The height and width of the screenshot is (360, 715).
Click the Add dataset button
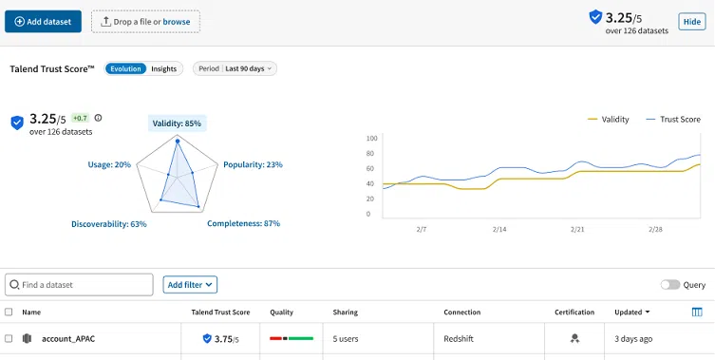[x=44, y=22]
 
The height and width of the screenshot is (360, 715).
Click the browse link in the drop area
[x=177, y=22]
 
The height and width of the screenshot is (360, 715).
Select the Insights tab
[x=163, y=69]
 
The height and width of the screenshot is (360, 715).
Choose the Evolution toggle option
[x=125, y=69]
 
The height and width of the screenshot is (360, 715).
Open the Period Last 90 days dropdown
[x=235, y=68]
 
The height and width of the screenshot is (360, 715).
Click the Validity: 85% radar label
[x=177, y=123]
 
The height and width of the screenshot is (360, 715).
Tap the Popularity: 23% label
[x=254, y=164]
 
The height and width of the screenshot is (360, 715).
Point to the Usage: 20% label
[x=109, y=164]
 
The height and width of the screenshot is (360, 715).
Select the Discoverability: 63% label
[x=109, y=224]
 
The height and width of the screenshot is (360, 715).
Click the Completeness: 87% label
[x=243, y=223]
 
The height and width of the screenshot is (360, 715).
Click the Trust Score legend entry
[x=673, y=119]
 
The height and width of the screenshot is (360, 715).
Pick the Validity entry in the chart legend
[x=608, y=119]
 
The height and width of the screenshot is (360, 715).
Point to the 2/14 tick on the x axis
[x=499, y=229]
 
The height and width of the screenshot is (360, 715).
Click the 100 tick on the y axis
[x=371, y=139]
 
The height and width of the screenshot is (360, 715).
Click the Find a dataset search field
[x=79, y=285]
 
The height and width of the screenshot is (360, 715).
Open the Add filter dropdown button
[x=190, y=285]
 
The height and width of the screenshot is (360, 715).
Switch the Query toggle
[x=670, y=285]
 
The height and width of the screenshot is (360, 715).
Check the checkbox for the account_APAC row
[x=9, y=338]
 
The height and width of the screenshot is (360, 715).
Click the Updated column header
[x=631, y=313]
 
